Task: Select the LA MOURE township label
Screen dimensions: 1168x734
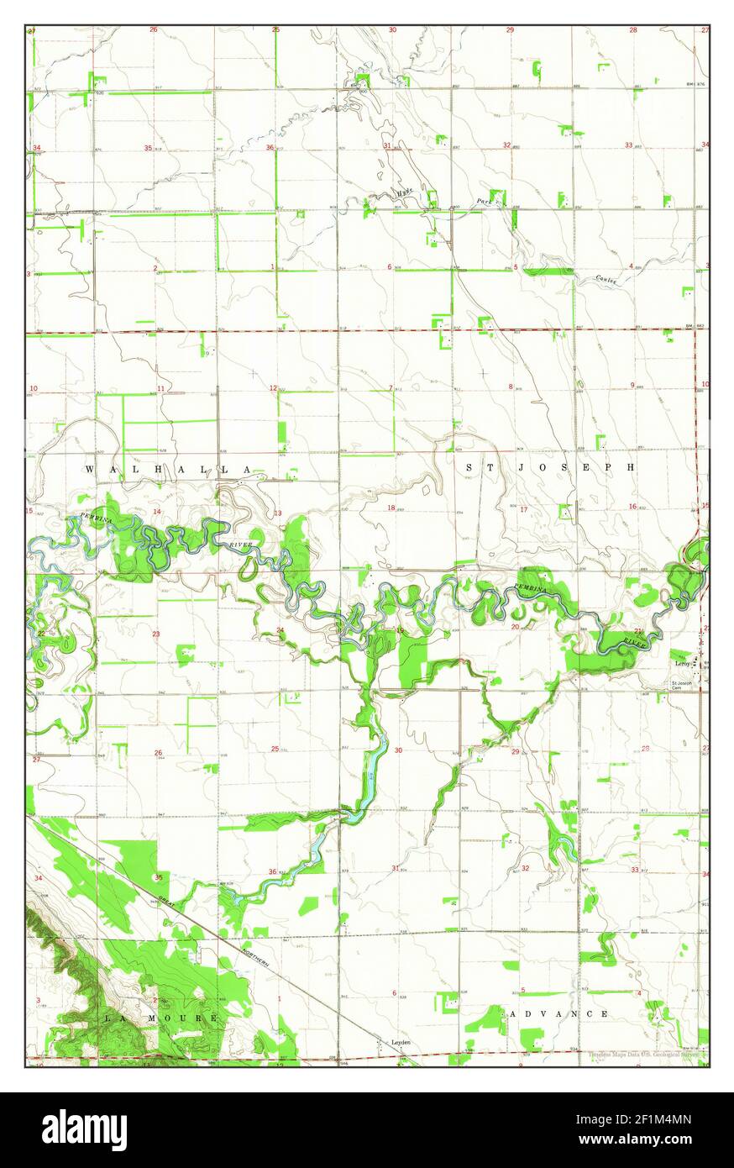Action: coord(161,1018)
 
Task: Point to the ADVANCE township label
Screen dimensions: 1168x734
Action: coord(558,1014)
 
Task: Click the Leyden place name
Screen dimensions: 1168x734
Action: coord(401,1042)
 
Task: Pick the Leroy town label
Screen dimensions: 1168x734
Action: coord(682,664)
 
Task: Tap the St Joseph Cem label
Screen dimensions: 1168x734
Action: coord(681,686)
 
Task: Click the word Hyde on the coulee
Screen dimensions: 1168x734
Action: coord(406,193)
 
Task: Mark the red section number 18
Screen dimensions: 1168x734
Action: coord(391,508)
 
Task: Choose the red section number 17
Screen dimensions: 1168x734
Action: coord(523,509)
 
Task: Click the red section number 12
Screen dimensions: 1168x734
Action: coord(273,388)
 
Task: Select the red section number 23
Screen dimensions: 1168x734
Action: coord(156,634)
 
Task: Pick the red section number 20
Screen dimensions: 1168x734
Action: coord(515,627)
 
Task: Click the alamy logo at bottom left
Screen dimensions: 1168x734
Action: coord(84,1130)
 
